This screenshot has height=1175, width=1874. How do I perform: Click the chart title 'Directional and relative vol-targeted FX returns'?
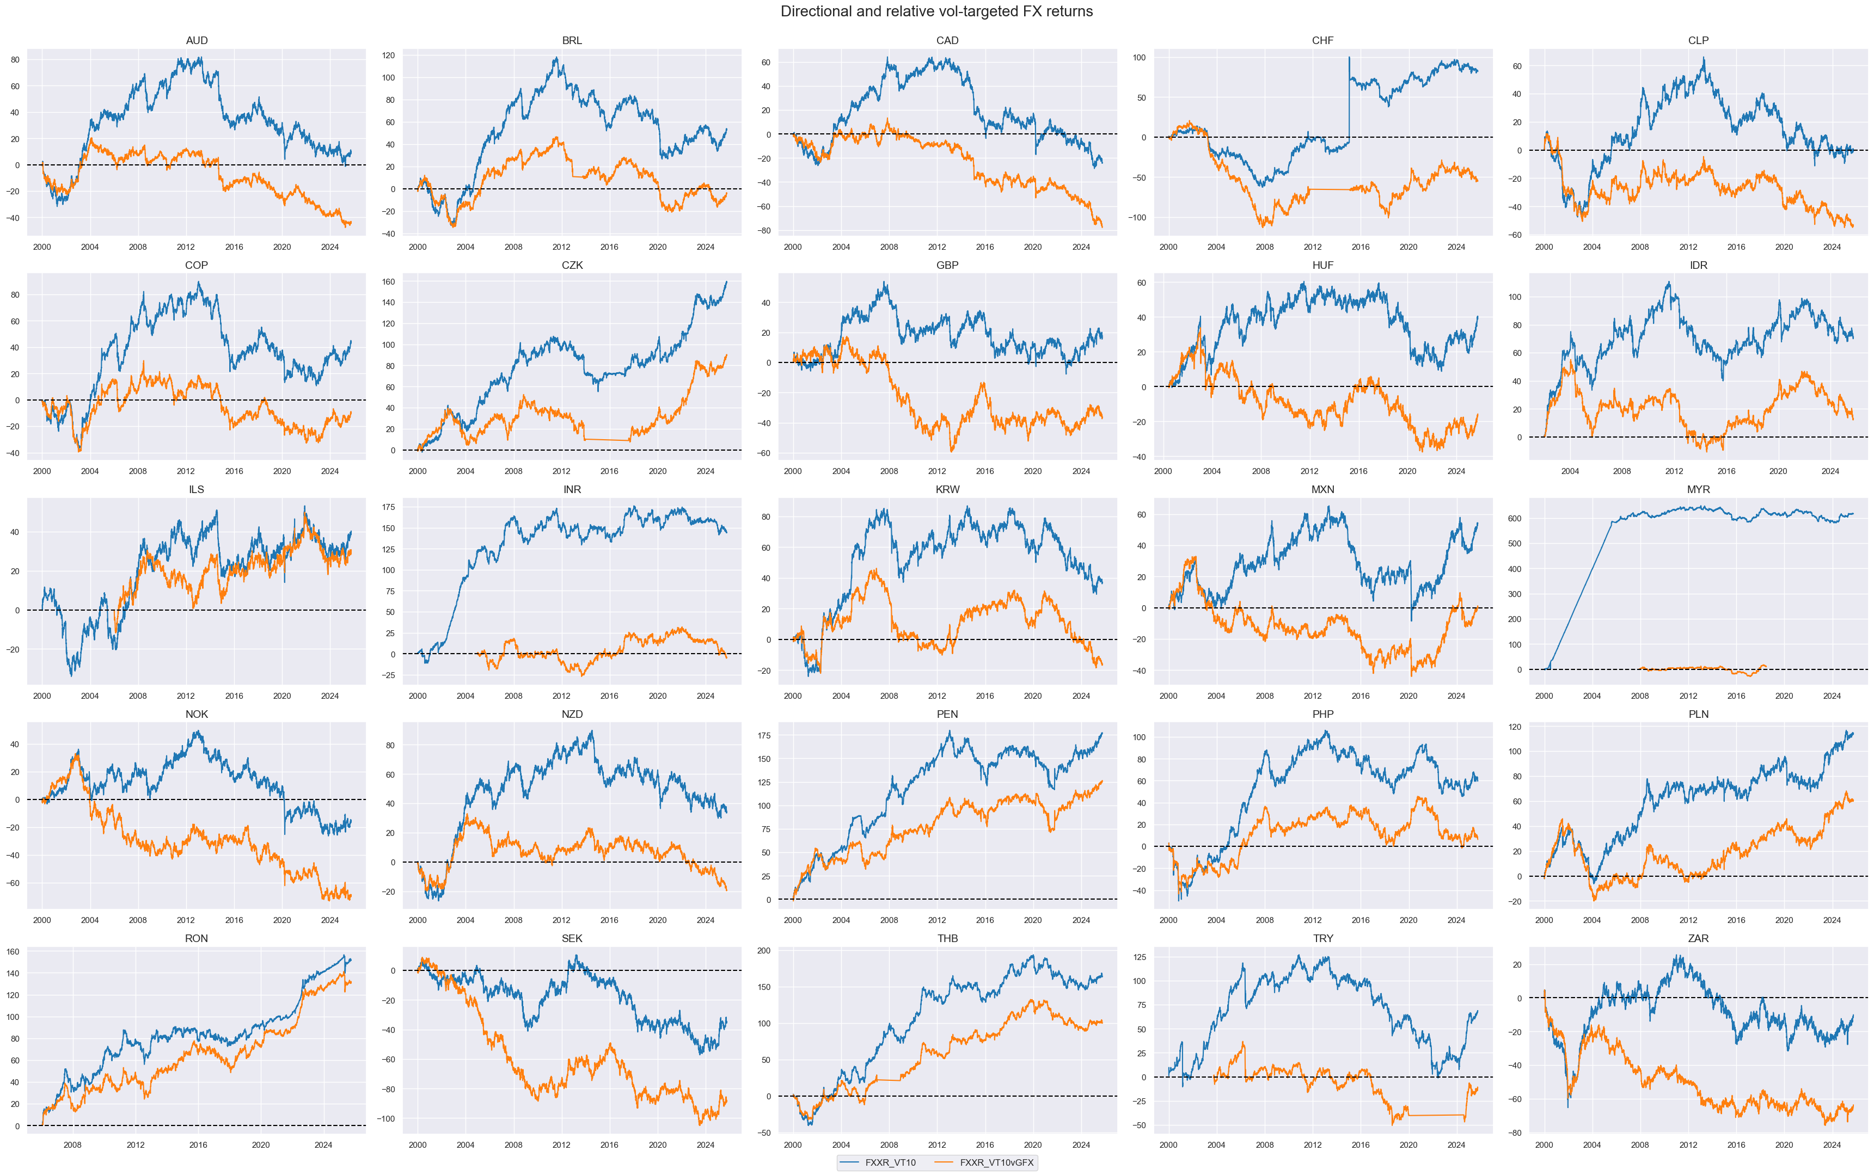[x=936, y=11]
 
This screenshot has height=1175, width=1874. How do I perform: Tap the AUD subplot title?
[x=197, y=40]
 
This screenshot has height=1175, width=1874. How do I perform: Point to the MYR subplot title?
[x=1698, y=490]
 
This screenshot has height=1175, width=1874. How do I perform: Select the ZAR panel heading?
[x=1698, y=939]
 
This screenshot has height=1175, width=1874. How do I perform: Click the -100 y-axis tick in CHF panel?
[x=1136, y=218]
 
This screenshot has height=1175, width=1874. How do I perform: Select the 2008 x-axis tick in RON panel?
[x=72, y=1145]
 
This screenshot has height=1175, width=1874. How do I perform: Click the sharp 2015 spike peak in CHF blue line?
[x=1349, y=58]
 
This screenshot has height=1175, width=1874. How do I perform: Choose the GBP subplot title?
[x=947, y=265]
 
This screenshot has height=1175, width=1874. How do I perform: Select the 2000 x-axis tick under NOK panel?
[x=42, y=920]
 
